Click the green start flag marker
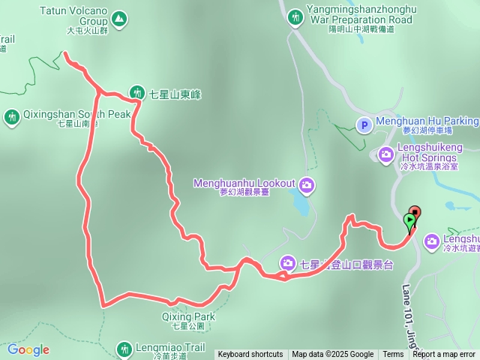coord(409,220)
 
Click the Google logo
coord(28,349)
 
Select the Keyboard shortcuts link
coord(250,355)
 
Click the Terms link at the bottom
coord(393,355)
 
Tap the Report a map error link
coord(444,355)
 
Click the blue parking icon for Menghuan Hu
coord(364,126)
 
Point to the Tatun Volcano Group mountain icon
coord(118,17)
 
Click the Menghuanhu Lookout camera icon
coord(306,184)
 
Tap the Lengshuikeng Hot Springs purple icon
coord(386,154)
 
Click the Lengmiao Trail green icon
coord(124,348)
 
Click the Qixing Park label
coord(188,317)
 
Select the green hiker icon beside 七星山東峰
coord(137,93)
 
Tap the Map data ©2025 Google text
coord(333,355)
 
